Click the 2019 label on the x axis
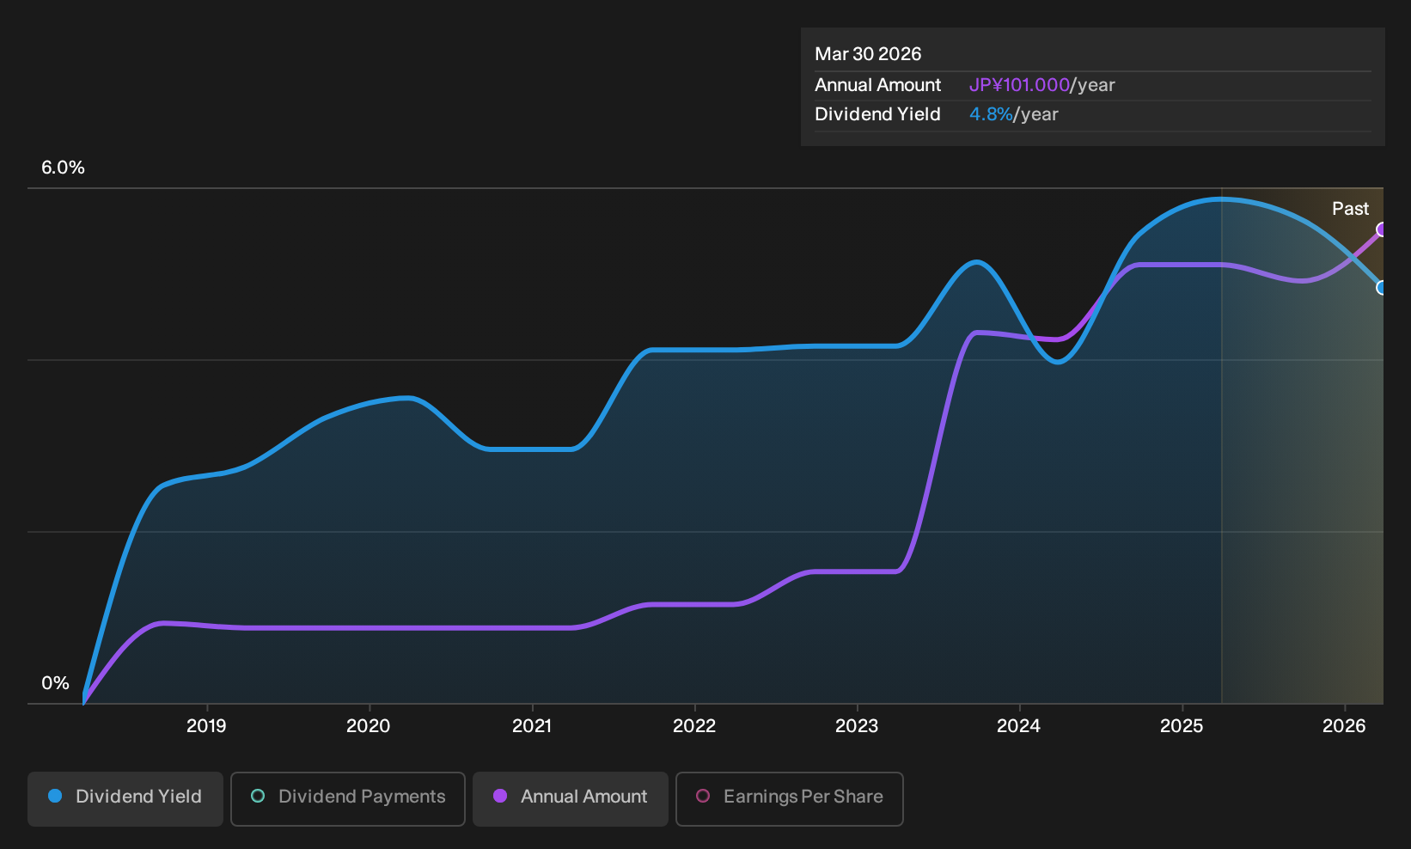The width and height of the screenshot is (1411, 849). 206,726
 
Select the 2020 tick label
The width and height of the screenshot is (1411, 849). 369,726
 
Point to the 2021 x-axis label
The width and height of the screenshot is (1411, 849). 532,726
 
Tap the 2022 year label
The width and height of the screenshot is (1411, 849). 694,726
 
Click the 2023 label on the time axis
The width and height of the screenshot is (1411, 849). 857,726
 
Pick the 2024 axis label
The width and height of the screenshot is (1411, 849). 1018,726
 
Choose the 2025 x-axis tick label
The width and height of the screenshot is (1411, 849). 1182,726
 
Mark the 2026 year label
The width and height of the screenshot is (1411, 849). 1344,726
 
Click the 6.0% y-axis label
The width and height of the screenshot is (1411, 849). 63,168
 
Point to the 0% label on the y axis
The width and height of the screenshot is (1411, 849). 56,683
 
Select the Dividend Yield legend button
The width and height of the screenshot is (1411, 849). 125,798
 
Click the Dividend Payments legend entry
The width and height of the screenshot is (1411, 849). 348,798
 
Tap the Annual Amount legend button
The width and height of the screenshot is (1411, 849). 570,798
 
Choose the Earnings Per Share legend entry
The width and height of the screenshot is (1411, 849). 789,798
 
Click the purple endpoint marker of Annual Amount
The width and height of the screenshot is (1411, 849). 1381,229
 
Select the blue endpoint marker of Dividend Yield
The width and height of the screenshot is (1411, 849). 1381,288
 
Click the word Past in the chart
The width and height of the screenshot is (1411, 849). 1350,209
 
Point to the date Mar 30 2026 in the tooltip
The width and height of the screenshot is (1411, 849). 867,54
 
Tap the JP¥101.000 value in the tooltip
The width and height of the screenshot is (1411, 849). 1019,85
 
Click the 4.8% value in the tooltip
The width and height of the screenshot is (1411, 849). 990,114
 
